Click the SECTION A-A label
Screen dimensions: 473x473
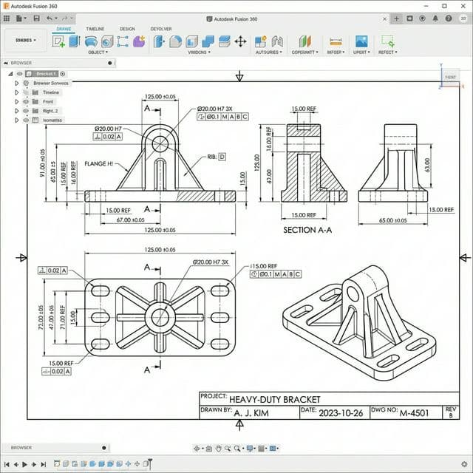pyautogui.click(x=308, y=230)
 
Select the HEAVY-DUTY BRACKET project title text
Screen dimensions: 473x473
pyautogui.click(x=274, y=397)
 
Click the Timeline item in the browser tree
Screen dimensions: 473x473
pyautogui.click(x=50, y=92)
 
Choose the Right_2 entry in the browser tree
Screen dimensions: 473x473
pyautogui.click(x=50, y=111)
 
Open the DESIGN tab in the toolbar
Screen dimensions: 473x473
pyautogui.click(x=127, y=29)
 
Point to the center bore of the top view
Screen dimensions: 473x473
pyautogui.click(x=159, y=317)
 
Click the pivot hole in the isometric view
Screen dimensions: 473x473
pyautogui.click(x=353, y=293)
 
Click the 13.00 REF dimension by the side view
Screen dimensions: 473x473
pyautogui.click(x=442, y=210)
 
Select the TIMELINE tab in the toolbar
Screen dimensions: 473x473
pyautogui.click(x=95, y=29)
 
